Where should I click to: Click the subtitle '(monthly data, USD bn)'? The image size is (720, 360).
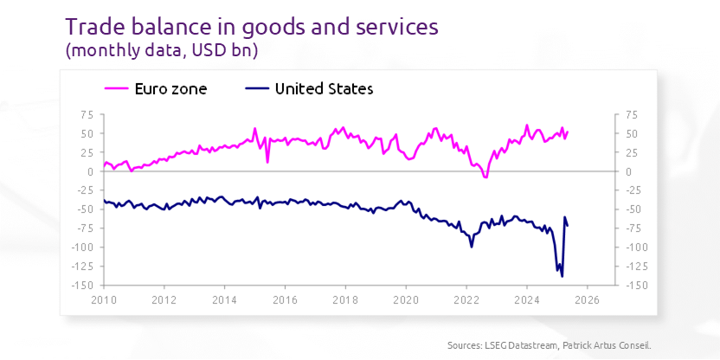pyautogui.click(x=162, y=51)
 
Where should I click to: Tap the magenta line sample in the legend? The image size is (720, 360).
pyautogui.click(x=116, y=88)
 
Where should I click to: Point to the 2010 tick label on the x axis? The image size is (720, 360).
pyautogui.click(x=103, y=300)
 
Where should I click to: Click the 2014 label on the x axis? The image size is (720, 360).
pyautogui.click(x=224, y=300)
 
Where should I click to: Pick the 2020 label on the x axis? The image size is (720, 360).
pyautogui.click(x=405, y=300)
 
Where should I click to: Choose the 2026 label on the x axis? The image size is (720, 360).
pyautogui.click(x=587, y=300)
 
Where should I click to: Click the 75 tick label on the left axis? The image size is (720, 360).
pyautogui.click(x=87, y=114)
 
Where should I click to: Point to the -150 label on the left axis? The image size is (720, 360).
pyautogui.click(x=83, y=286)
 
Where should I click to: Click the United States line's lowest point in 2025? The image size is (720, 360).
pyautogui.click(x=562, y=276)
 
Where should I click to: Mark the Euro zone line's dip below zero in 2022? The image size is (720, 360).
pyautogui.click(x=485, y=177)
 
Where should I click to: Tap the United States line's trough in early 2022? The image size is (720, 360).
pyautogui.click(x=472, y=247)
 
